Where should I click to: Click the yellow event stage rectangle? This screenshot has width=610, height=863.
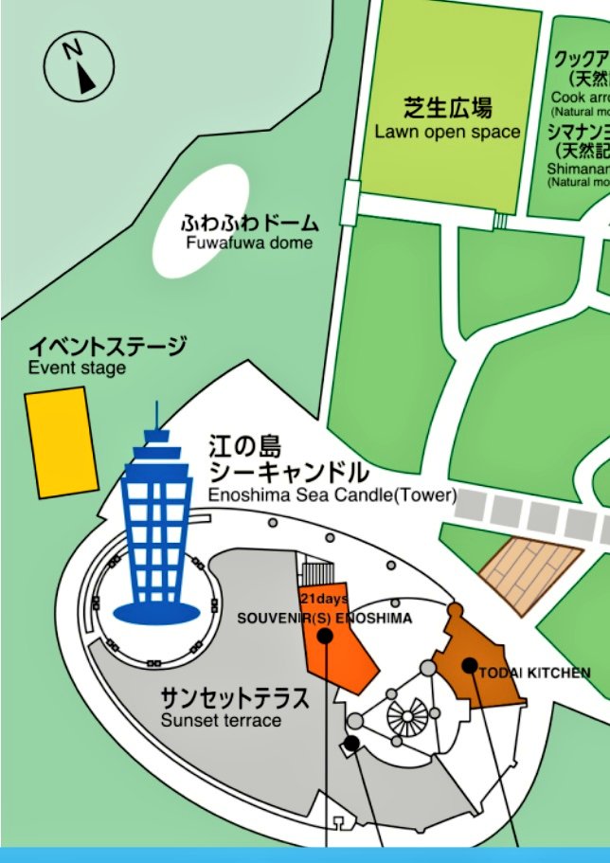click(62, 441)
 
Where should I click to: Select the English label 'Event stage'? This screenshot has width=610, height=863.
click(77, 368)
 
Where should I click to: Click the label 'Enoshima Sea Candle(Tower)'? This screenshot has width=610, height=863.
click(332, 494)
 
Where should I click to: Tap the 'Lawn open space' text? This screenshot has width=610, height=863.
click(447, 132)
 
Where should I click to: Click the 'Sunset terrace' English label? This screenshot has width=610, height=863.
click(221, 720)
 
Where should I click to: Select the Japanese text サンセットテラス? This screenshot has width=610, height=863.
click(234, 699)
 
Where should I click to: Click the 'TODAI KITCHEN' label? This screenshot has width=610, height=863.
click(536, 673)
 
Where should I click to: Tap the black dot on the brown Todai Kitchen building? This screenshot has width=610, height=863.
click(469, 665)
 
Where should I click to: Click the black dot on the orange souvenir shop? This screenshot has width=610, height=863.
click(325, 636)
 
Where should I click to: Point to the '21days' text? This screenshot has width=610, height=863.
click(324, 599)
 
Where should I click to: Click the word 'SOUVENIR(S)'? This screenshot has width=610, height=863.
click(276, 619)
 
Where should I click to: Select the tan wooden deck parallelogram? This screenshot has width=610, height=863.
click(529, 568)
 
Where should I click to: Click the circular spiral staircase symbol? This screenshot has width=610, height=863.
click(406, 718)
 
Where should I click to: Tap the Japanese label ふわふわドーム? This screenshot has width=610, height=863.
click(250, 225)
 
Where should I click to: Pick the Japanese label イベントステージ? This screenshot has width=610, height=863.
click(107, 347)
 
